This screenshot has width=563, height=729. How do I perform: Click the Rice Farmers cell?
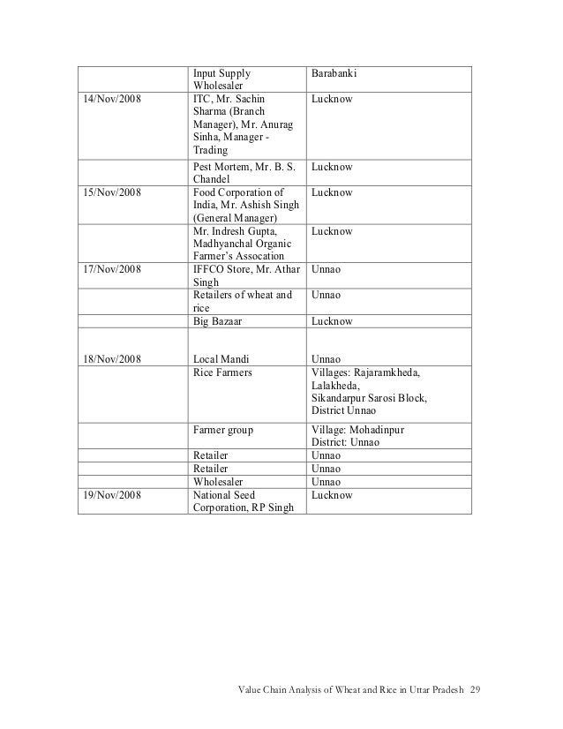pyautogui.click(x=222, y=373)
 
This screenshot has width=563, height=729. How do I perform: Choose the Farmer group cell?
pyautogui.click(x=223, y=430)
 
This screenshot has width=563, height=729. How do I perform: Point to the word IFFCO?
pyautogui.click(x=209, y=270)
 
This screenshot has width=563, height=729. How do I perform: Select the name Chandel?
pyautogui.click(x=213, y=179)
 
